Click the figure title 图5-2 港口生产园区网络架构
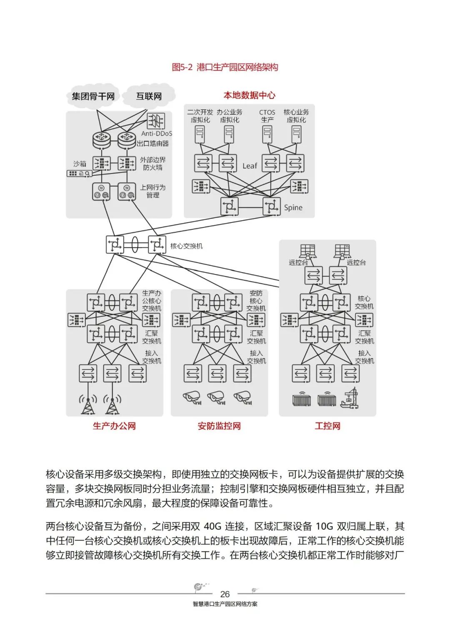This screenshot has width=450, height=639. pos(225,67)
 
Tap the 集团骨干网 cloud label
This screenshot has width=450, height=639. pos(93,96)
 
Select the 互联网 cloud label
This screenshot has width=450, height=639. pos(149,96)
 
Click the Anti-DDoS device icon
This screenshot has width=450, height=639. pos(156,121)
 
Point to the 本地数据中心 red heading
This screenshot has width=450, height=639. pos(249,95)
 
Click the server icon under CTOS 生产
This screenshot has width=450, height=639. pos(267,134)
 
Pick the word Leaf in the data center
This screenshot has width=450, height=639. pos(250,166)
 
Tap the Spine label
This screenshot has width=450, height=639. pos(293,208)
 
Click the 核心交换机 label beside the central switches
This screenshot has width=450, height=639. pos(186,246)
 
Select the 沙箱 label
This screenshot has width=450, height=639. pos(80,164)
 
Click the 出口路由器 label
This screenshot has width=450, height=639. pos(153,143)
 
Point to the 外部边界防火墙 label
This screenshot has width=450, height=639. pos(152,164)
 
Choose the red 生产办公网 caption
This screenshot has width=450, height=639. pos(114,426)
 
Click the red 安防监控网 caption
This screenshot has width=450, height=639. pos(219,426)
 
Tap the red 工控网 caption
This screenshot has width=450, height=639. pos(327,426)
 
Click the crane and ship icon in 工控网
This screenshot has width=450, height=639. pos(350,398)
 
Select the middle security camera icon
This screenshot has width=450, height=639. pos(217,397)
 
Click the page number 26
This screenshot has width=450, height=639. pos(225,594)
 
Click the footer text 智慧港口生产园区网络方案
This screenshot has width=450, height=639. pos(225,604)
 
